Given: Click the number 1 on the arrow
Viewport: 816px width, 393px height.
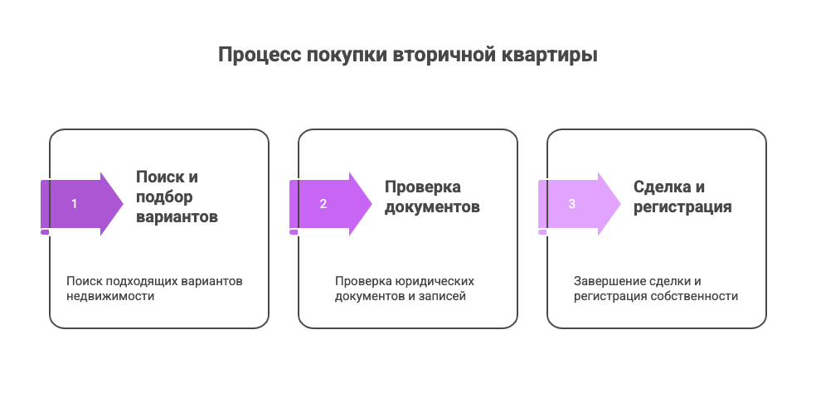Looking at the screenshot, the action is (75, 204).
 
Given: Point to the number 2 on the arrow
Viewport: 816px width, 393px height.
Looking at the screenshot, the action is (323, 204).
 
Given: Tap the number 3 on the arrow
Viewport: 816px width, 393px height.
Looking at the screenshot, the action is (572, 204).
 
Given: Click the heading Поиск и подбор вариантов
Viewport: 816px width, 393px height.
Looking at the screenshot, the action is (177, 196).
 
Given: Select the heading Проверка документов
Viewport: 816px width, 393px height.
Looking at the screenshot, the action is (432, 196).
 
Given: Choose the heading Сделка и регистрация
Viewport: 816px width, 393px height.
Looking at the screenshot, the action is (682, 196).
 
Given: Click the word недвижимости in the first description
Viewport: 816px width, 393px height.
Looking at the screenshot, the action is (110, 296).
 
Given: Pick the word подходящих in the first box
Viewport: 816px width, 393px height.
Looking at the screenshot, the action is (142, 282).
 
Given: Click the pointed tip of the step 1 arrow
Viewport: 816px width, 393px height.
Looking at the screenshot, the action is (123, 204).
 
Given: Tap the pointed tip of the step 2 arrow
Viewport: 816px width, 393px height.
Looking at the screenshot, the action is (372, 204).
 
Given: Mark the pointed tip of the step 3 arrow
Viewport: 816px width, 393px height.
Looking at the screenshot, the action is (620, 204).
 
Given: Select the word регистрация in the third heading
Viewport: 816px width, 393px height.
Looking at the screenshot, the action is (682, 207).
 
